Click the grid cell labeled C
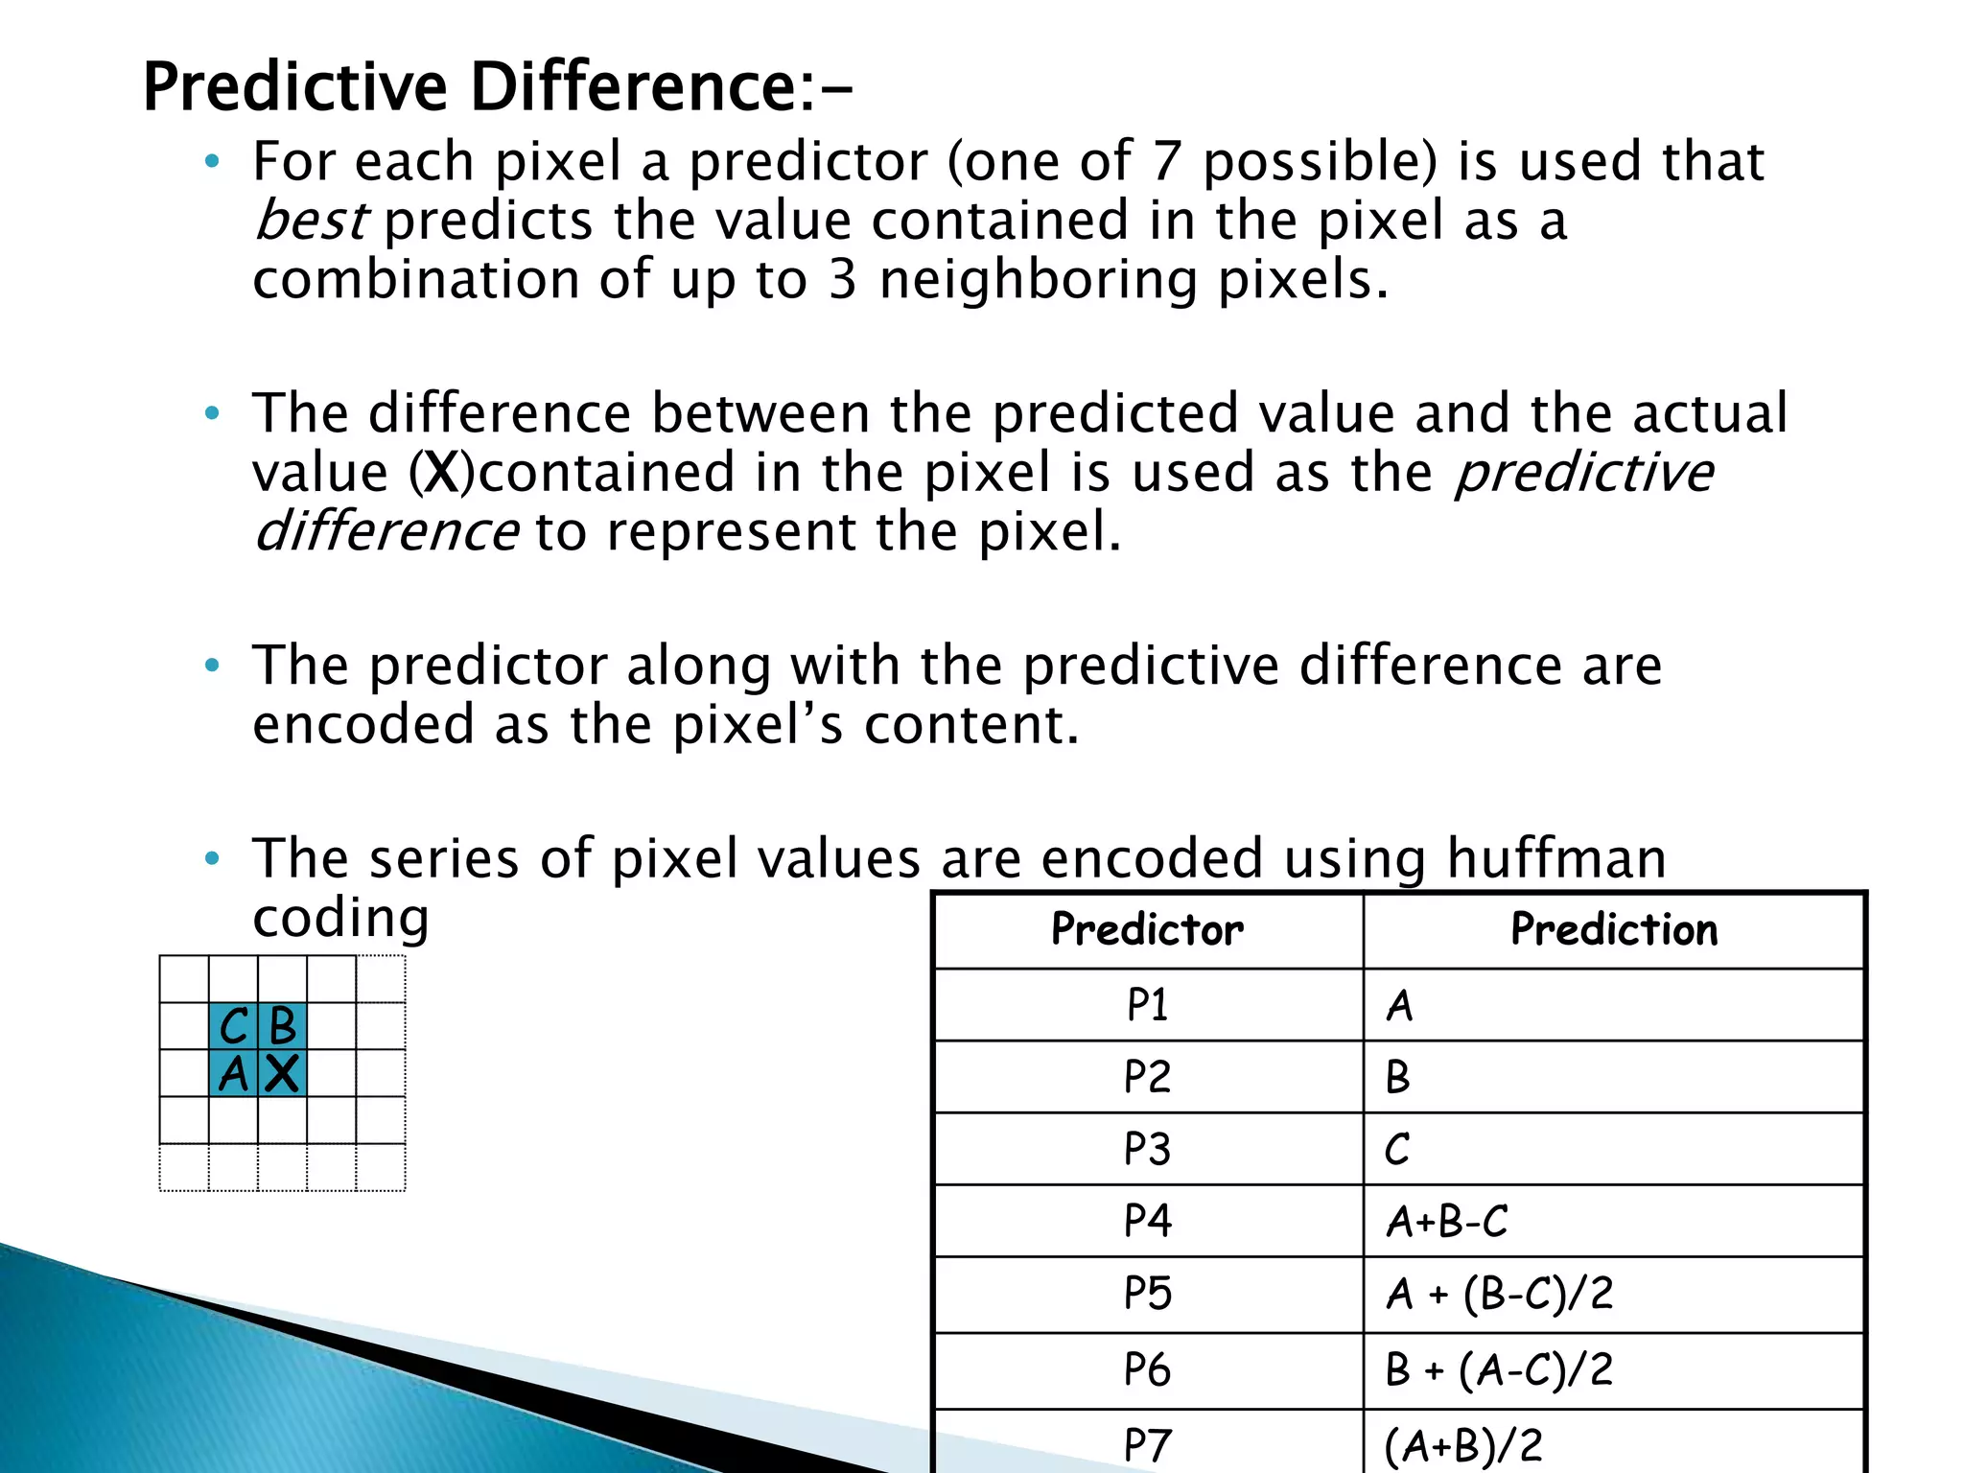233,1027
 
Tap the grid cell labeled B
282,1027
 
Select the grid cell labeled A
233,1074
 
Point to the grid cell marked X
282,1074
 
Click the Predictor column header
1147,929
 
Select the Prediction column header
1614,929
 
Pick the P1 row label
1147,1005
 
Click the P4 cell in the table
1147,1221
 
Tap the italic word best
311,221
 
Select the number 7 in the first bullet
1166,161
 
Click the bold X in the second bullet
442,473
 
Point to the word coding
340,918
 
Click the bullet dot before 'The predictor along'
212,665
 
